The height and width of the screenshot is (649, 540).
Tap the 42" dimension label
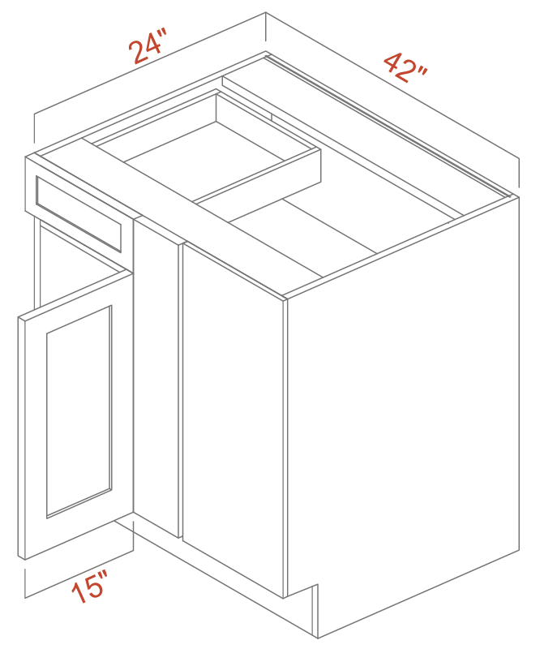[406, 67]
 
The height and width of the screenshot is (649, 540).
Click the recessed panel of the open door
[79, 411]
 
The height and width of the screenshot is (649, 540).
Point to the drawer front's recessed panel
[79, 214]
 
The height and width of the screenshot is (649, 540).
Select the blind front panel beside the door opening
[233, 418]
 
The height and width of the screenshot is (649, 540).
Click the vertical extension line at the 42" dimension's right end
[518, 174]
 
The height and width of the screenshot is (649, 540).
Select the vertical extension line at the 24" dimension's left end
[34, 128]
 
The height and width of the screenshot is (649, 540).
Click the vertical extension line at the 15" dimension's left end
[25, 583]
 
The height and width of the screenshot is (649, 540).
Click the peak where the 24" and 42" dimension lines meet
[266, 12]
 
